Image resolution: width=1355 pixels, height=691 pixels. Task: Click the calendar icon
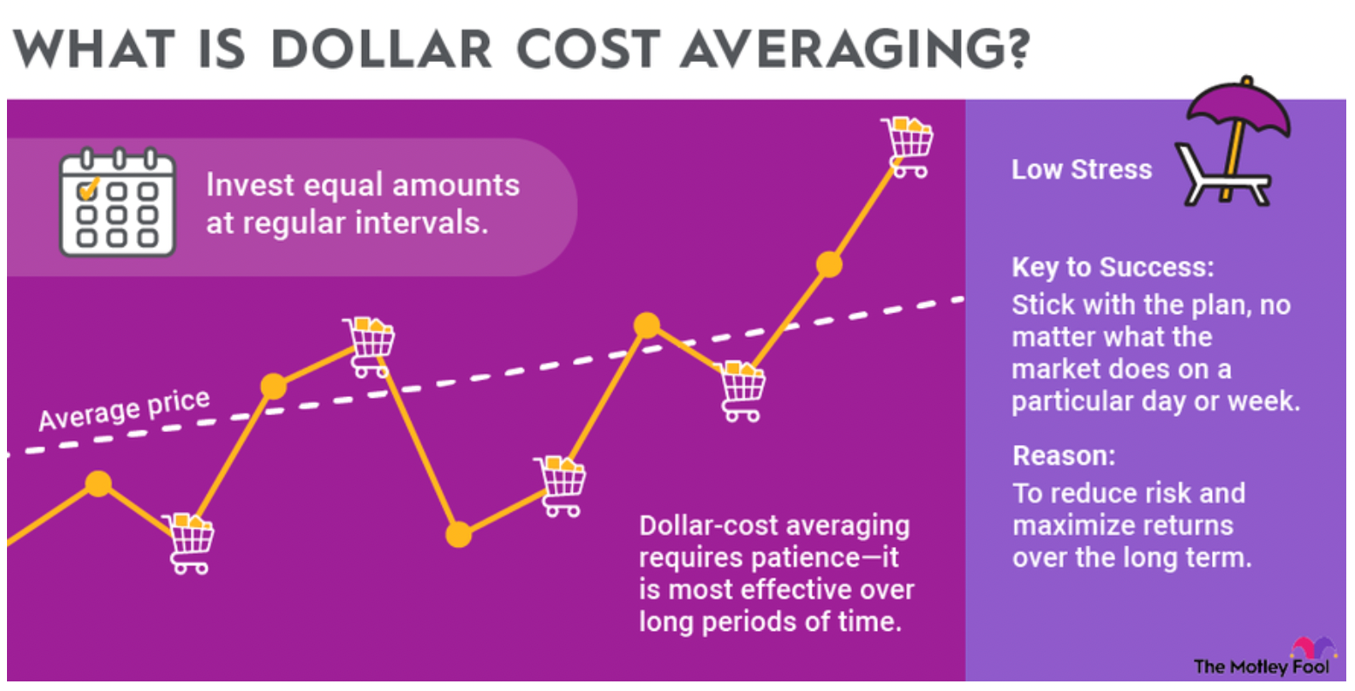coord(117,204)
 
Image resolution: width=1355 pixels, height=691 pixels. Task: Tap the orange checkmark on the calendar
coord(89,188)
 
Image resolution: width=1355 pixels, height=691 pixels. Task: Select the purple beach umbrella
coord(1238,109)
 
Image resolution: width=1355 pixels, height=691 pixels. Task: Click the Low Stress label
coord(1081,169)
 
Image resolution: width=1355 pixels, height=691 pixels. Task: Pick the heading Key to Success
coord(1112,267)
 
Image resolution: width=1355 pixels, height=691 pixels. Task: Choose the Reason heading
coord(1064,455)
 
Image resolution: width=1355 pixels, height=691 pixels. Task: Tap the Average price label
coord(124,410)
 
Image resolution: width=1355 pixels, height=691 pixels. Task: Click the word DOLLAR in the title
coord(382,50)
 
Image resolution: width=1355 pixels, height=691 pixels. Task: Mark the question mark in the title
coord(1014,50)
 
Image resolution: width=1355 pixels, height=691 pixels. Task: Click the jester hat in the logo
coord(1313,647)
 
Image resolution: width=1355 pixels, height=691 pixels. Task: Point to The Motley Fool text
coord(1261,667)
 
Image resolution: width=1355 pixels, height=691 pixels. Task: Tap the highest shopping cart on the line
coord(908,147)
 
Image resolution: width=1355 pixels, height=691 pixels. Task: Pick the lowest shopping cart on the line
coord(191,543)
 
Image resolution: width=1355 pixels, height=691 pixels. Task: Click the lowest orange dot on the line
coord(459,534)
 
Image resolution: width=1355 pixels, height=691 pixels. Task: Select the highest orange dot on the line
coord(829,264)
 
